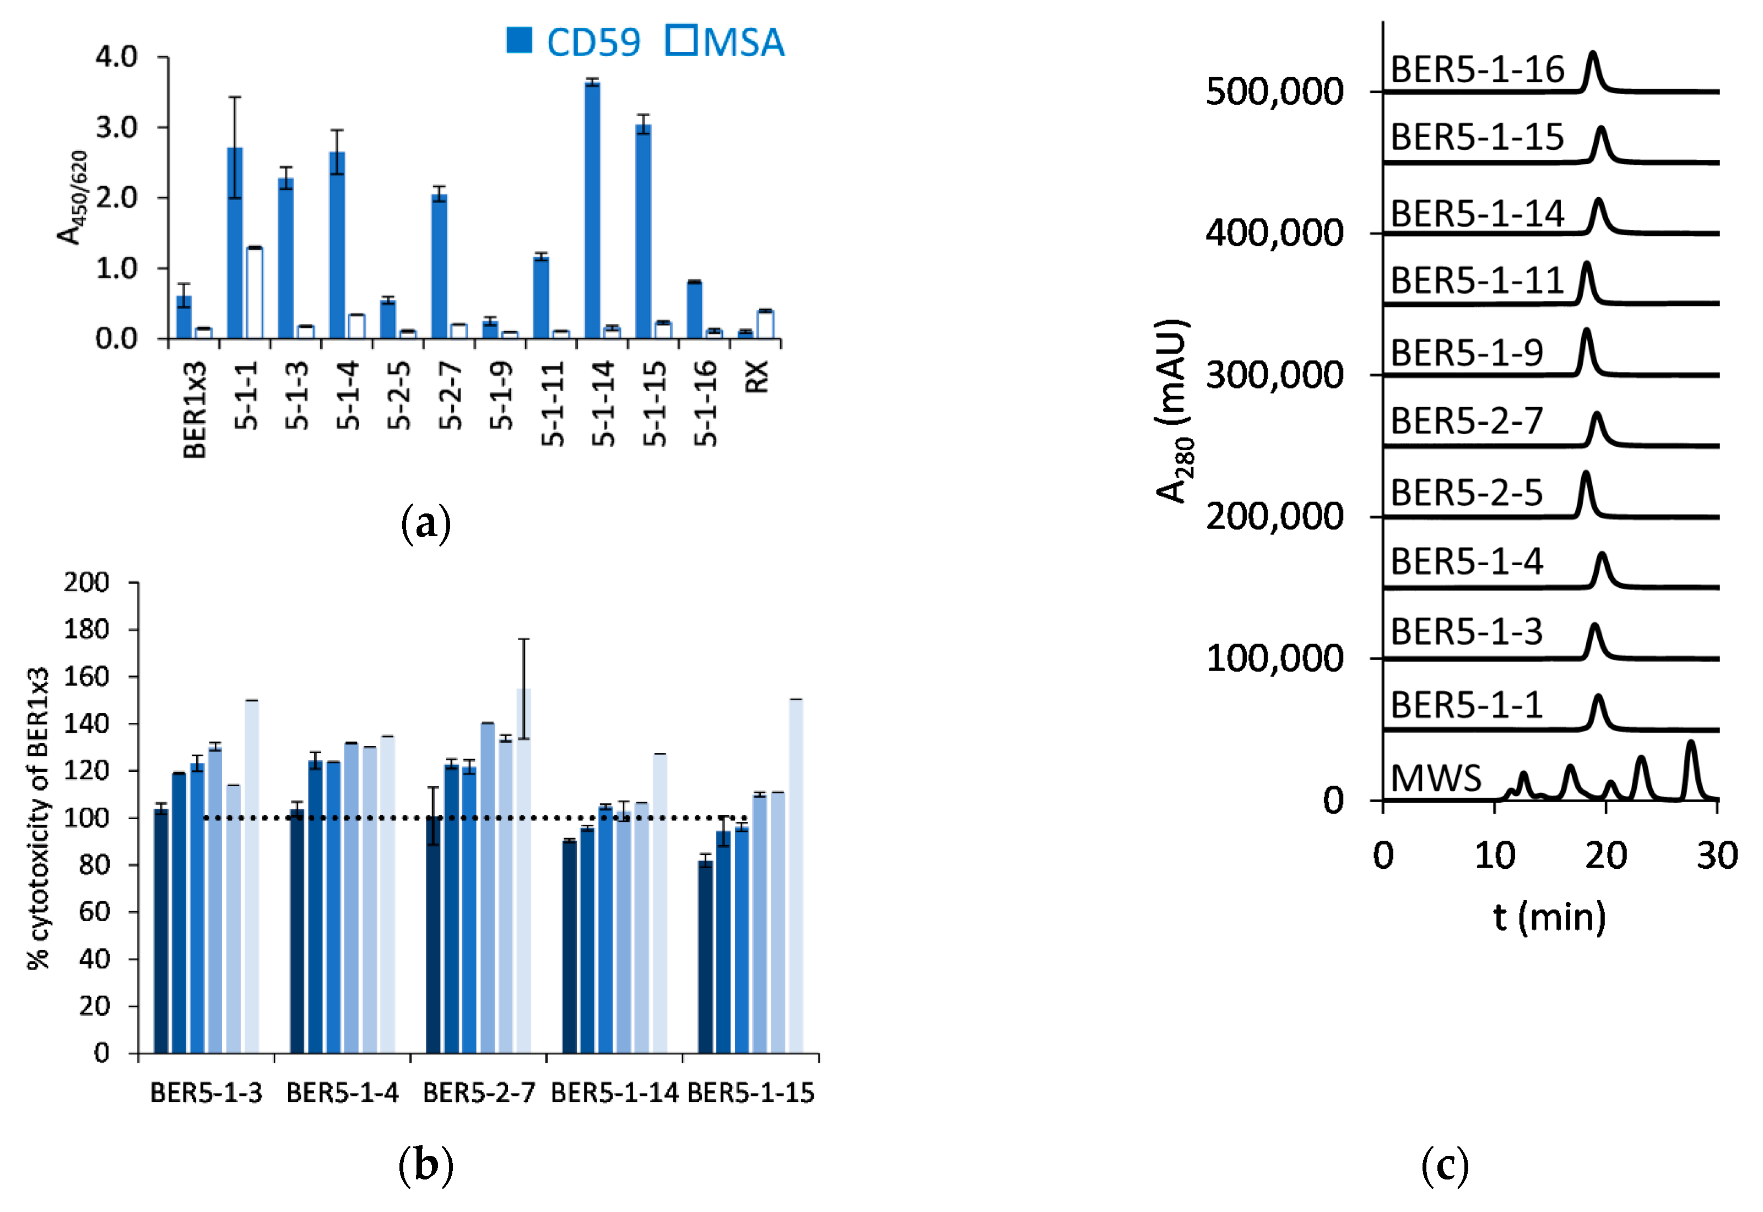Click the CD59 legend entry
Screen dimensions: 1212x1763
pos(575,42)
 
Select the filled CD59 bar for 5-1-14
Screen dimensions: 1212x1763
pos(592,209)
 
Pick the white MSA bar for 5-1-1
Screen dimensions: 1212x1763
pos(255,293)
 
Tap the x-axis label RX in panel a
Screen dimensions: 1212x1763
pos(757,377)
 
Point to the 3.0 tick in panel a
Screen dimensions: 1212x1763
pos(116,127)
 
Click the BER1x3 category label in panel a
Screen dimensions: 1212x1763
pos(194,410)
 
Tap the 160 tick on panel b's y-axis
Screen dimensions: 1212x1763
pos(86,677)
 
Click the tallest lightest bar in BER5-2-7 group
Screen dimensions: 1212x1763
pos(523,869)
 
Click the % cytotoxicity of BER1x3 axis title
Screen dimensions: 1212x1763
pos(38,819)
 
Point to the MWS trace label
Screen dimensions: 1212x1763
pos(1436,778)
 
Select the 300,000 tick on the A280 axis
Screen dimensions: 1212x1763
pos(1274,375)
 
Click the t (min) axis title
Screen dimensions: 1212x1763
pos(1549,917)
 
